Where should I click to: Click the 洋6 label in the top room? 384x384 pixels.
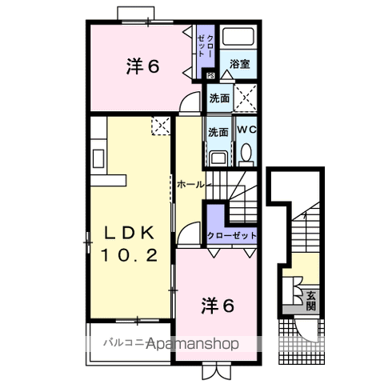pos(142,67)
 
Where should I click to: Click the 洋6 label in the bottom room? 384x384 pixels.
pos(217,305)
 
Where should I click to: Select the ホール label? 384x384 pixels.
pos(190,183)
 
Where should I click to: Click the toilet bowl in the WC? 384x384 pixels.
pos(246,152)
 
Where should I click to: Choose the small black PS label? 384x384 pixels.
pos(210,76)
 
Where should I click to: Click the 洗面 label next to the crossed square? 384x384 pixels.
pos(218,99)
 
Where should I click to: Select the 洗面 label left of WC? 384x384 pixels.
pos(218,132)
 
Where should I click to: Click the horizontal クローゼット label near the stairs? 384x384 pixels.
pos(232,236)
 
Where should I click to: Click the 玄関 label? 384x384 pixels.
pos(310,301)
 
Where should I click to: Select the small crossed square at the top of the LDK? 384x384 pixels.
pos(160,125)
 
